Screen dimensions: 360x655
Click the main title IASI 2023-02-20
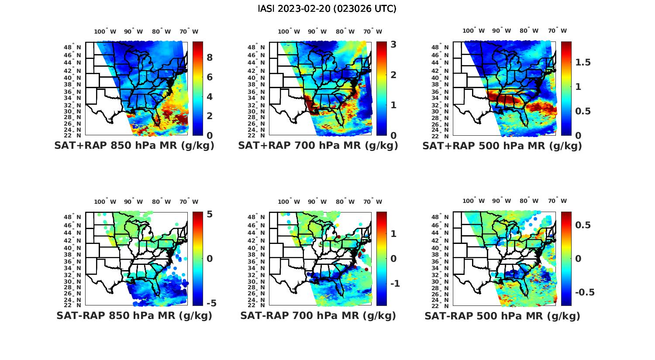coord(327,9)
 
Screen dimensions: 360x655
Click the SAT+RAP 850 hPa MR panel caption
coord(134,146)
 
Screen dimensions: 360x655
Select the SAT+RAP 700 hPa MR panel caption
coord(318,146)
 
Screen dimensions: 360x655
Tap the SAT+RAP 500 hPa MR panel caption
coord(502,146)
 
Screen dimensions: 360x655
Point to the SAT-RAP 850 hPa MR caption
coord(134,315)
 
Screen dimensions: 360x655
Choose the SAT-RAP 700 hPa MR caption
coord(318,315)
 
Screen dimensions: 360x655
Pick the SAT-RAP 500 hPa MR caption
coord(502,315)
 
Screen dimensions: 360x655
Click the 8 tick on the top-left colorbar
coord(210,58)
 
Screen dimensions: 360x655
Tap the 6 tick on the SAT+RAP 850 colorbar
coord(210,77)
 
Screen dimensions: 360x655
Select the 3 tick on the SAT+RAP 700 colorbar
coord(393,45)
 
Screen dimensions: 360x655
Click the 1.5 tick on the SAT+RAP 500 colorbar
coord(583,62)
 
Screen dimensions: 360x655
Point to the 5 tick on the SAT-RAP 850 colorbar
coord(209,214)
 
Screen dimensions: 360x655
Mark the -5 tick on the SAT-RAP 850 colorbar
coord(211,303)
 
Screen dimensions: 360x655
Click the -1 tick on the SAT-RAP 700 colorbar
coord(394,284)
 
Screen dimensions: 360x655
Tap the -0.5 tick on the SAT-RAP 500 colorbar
coord(584,292)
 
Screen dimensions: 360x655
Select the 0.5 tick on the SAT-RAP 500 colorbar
coord(583,225)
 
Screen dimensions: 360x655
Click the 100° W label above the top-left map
coord(105,31)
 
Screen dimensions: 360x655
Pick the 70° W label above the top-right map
coord(557,31)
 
